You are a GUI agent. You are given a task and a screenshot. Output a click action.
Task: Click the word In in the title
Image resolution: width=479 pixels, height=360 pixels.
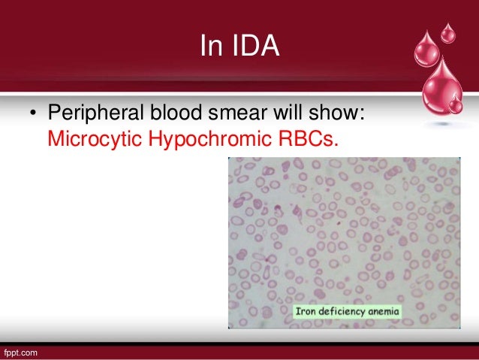pos(211,45)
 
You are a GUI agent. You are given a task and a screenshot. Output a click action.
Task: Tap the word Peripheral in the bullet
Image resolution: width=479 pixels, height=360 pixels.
pos(95,113)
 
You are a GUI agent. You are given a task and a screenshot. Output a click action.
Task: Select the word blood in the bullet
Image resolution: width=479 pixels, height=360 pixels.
pos(176,112)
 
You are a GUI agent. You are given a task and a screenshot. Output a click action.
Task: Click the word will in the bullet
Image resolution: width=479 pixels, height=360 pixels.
pos(288,112)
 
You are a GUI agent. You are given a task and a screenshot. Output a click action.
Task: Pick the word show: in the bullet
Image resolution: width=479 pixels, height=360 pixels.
pos(336,112)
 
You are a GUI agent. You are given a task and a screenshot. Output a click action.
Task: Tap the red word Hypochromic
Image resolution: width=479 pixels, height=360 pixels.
pos(210,139)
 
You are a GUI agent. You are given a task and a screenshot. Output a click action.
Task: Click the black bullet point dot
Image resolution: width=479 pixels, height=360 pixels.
pos(33,113)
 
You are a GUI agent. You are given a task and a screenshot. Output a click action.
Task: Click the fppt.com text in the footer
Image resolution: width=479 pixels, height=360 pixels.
pos(20,353)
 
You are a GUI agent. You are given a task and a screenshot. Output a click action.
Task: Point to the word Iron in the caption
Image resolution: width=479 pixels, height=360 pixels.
pos(304,311)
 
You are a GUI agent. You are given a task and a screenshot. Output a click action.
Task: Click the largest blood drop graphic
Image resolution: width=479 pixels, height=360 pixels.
pos(441,87)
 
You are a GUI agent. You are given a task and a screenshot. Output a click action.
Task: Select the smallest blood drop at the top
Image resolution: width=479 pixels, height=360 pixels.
pos(447,33)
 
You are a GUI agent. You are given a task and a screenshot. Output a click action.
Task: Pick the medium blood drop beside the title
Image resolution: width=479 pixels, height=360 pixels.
pos(427,50)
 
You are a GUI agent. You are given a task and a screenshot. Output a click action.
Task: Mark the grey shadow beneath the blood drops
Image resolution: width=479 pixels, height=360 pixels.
pos(441,123)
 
